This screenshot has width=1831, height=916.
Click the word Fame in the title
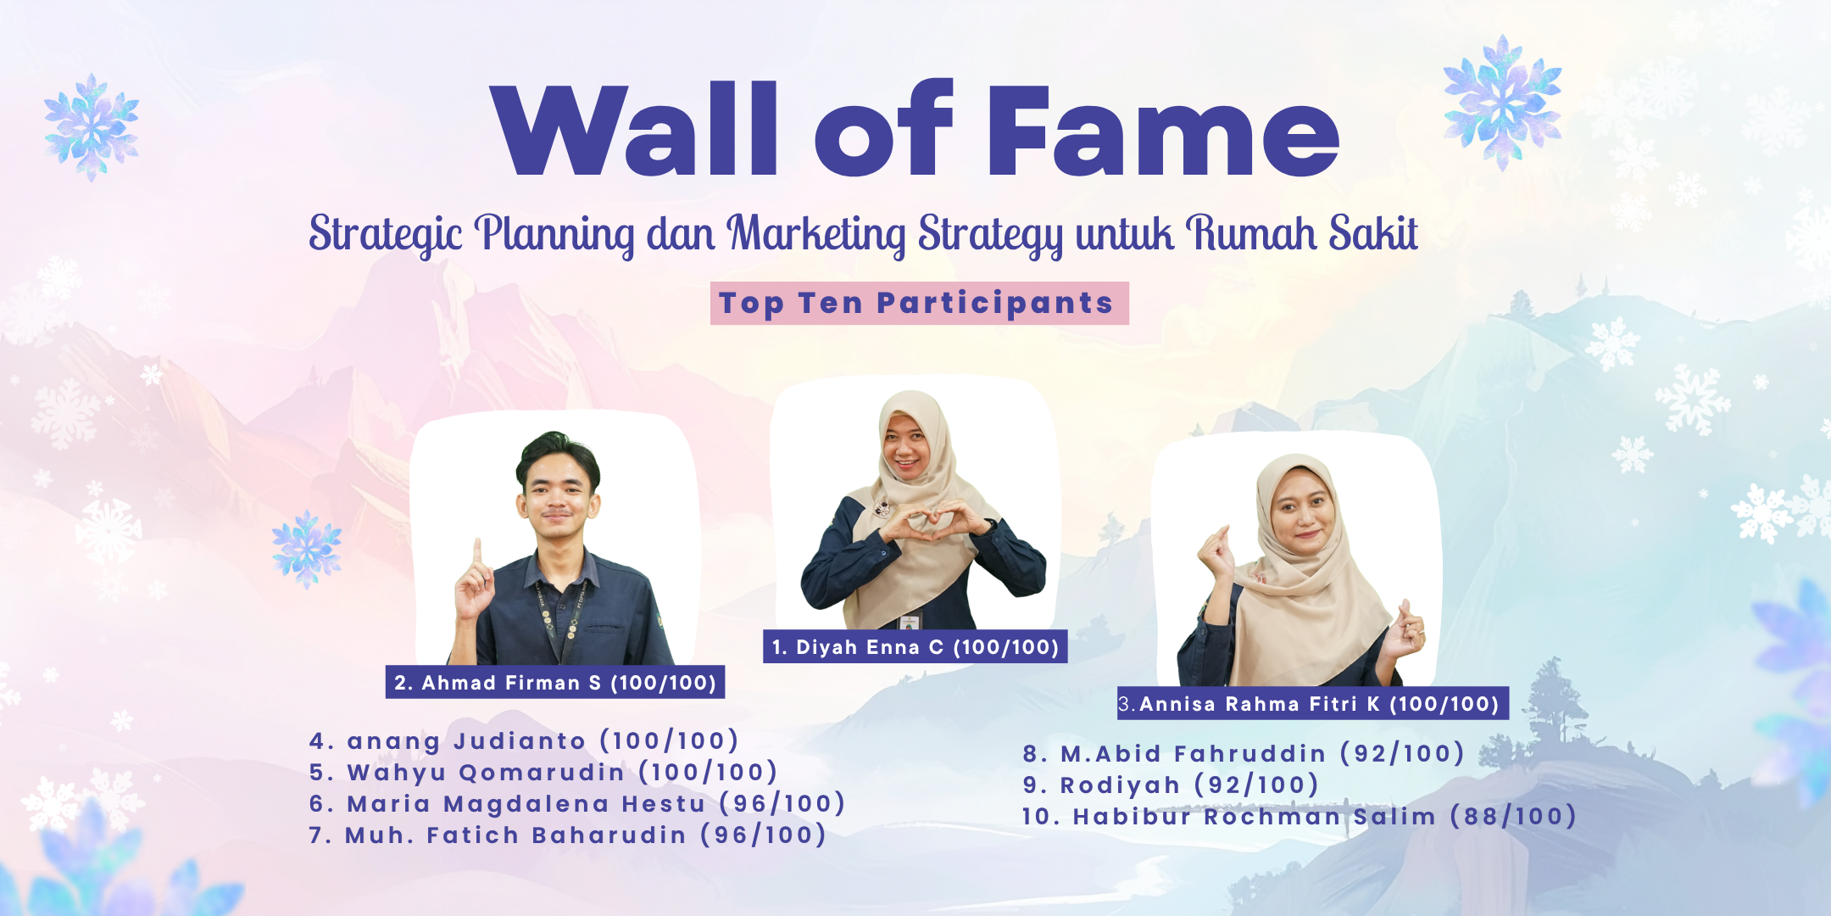(1163, 129)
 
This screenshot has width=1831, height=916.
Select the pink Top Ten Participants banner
(919, 303)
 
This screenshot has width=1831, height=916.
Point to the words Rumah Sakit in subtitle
(1301, 232)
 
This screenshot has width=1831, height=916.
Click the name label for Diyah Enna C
(915, 646)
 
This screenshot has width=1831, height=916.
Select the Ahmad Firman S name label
(555, 682)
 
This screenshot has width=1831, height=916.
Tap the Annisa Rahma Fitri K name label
(1313, 703)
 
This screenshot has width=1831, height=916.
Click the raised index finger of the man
(477, 556)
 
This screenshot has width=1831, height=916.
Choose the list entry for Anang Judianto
(524, 740)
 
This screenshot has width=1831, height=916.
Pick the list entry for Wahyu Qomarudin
(543, 772)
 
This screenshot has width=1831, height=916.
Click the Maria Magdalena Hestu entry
(577, 803)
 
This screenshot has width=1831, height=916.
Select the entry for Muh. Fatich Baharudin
(568, 835)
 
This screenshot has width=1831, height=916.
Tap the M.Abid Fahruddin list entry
(1244, 753)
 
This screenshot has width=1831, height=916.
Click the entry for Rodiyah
(1171, 785)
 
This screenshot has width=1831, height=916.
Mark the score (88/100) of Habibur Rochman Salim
(1513, 816)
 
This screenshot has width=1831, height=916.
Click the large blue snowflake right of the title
(1503, 102)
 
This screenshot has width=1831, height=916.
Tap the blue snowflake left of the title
(92, 127)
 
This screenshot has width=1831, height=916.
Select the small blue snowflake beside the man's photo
(307, 549)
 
